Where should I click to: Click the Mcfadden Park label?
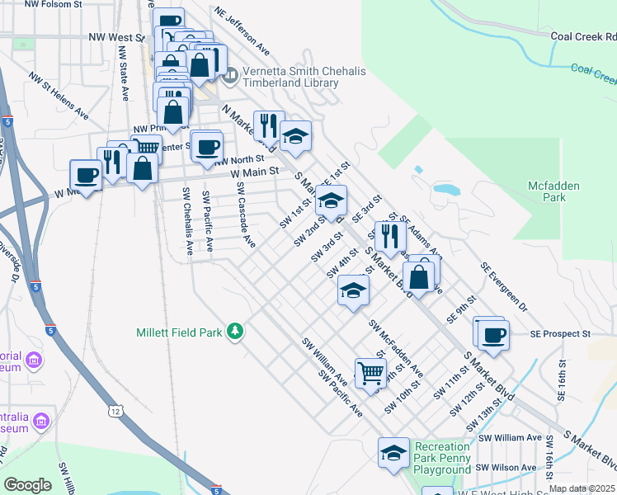click(558, 191)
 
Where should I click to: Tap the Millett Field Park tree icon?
click(236, 331)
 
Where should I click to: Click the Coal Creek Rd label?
click(583, 37)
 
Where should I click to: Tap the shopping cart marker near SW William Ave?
click(370, 373)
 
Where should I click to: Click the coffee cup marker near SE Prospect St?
click(493, 335)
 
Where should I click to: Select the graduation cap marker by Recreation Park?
click(394, 452)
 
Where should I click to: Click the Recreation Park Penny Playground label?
click(442, 458)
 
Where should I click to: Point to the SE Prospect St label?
click(561, 334)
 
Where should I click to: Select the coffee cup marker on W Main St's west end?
click(86, 174)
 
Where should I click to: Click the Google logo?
click(27, 485)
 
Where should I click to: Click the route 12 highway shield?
click(113, 410)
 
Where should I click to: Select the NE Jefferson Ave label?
click(241, 27)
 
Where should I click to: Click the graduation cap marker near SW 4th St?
click(353, 290)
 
